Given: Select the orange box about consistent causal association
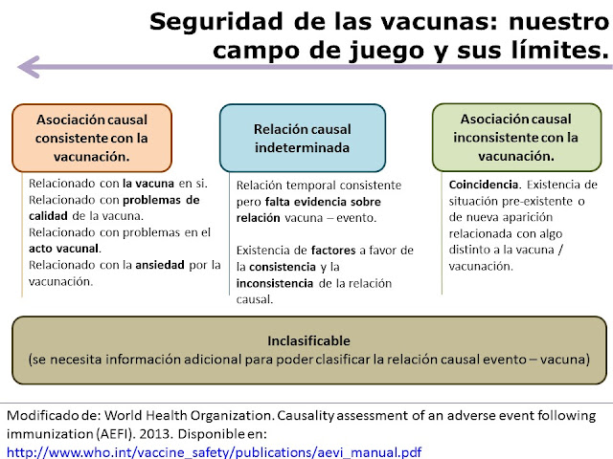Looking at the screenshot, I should [x=92, y=137].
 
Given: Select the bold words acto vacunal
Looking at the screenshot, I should [x=57, y=249].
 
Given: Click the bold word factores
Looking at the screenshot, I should [x=331, y=251].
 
